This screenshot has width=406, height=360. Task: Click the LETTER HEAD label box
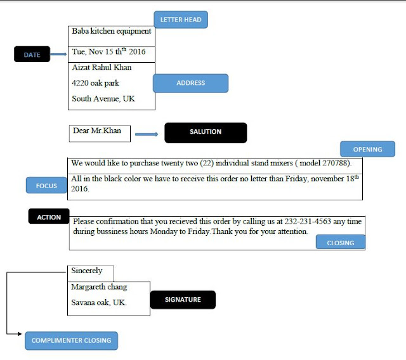coord(181,20)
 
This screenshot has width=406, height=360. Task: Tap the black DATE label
coord(32,55)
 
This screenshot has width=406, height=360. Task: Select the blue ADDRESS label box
coord(191,83)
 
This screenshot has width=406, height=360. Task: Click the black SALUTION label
coord(206,132)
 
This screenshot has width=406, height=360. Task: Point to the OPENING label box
coord(368,150)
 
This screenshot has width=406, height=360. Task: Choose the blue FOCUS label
coord(46,186)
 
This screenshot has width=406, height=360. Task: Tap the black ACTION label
coord(49,217)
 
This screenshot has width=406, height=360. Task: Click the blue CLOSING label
coord(341,243)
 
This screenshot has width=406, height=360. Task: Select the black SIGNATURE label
coord(183,300)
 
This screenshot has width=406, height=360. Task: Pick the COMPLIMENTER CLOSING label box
coord(71,340)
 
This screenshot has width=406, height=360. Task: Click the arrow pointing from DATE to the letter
coord(58,55)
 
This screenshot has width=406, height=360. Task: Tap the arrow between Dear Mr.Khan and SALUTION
coord(147,134)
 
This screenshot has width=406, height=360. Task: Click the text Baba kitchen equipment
coord(112,30)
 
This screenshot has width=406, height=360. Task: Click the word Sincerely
coord(87,271)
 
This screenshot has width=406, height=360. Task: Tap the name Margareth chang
coord(99,287)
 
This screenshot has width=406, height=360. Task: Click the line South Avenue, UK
coord(103,99)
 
